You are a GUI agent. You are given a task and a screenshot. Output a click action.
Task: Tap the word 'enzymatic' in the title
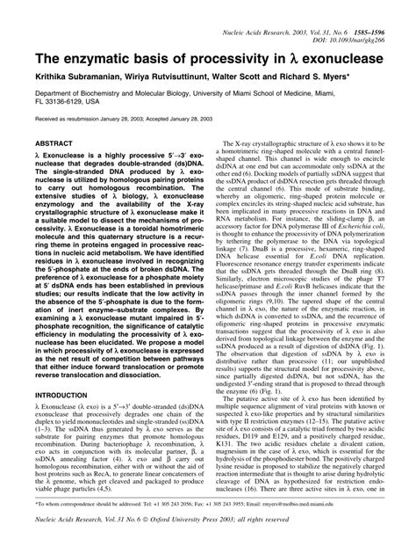pyautogui.click(x=84, y=62)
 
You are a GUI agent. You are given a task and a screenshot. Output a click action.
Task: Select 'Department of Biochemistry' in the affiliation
pyautogui.click(x=66, y=101)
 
